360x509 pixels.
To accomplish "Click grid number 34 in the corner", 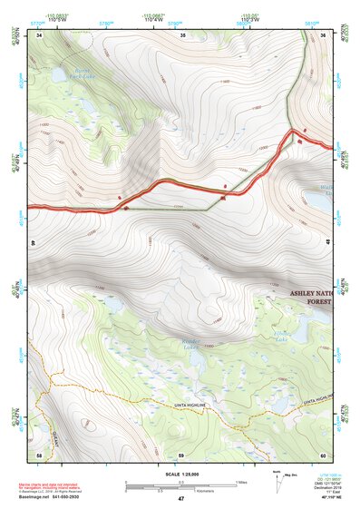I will [39, 35].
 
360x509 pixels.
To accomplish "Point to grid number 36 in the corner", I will [324, 35].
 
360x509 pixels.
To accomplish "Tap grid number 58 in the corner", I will [39, 454].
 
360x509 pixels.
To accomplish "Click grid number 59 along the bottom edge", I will [180, 454].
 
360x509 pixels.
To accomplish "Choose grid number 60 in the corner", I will [323, 454].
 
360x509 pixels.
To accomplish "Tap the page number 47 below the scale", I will [180, 499].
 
